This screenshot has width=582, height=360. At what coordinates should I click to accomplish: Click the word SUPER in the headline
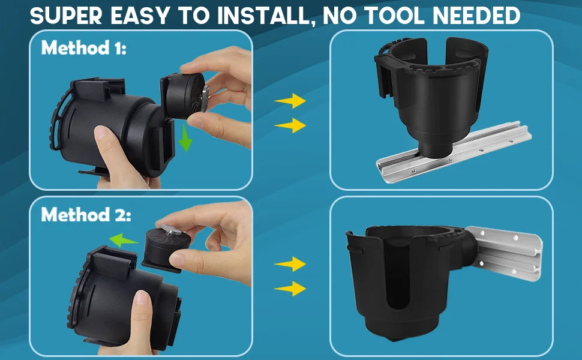pos(65,16)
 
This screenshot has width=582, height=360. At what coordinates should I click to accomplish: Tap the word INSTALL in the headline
pos(263,16)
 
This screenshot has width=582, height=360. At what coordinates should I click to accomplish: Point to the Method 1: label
pos(84,48)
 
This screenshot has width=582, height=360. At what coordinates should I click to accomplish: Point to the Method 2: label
pos(86,215)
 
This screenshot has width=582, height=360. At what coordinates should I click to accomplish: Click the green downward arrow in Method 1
pos(185,138)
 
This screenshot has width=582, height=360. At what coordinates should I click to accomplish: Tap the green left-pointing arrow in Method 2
pos(123,240)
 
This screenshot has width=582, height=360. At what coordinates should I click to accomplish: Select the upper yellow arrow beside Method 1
pos(290,101)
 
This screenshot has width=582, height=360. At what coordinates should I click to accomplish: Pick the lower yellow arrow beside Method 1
pos(290,125)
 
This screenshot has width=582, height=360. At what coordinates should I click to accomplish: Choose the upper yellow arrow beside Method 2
pos(290,264)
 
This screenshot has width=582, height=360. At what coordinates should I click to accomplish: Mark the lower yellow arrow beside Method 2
pos(290,289)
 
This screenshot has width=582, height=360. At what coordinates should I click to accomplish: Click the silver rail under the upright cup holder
pos(455,152)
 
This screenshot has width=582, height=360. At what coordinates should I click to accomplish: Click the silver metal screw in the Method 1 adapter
pos(205,98)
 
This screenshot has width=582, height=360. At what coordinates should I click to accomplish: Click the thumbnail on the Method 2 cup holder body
pos(143,299)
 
